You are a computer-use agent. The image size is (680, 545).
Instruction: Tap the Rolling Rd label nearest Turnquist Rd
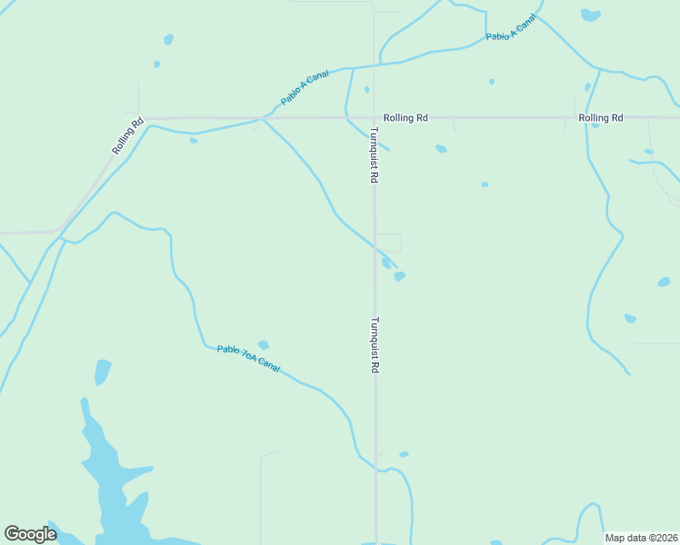[x=405, y=118]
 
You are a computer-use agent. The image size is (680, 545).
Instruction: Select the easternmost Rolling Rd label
[x=600, y=118]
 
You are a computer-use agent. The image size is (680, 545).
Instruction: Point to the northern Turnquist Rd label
[x=373, y=155]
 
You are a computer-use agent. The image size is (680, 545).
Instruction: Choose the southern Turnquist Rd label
[x=373, y=345]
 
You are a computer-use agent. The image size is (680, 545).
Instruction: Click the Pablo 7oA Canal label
[x=248, y=358]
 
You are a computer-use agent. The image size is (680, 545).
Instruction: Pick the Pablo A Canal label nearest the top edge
[x=512, y=28]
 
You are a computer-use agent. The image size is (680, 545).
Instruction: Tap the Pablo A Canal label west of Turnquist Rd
[x=305, y=88]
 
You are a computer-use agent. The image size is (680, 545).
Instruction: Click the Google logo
[x=30, y=534]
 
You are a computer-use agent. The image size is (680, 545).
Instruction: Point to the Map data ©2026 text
[x=641, y=538]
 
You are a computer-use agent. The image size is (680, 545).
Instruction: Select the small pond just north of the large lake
[x=102, y=372]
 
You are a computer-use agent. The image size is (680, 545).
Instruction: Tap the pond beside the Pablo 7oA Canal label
[x=263, y=345]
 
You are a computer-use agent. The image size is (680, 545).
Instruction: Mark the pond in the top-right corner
[x=591, y=15]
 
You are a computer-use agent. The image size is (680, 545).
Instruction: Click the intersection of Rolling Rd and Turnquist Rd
[x=374, y=118]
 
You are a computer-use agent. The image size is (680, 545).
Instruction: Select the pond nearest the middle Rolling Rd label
[x=441, y=148]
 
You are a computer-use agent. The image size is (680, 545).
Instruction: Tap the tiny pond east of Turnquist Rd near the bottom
[x=404, y=454]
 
